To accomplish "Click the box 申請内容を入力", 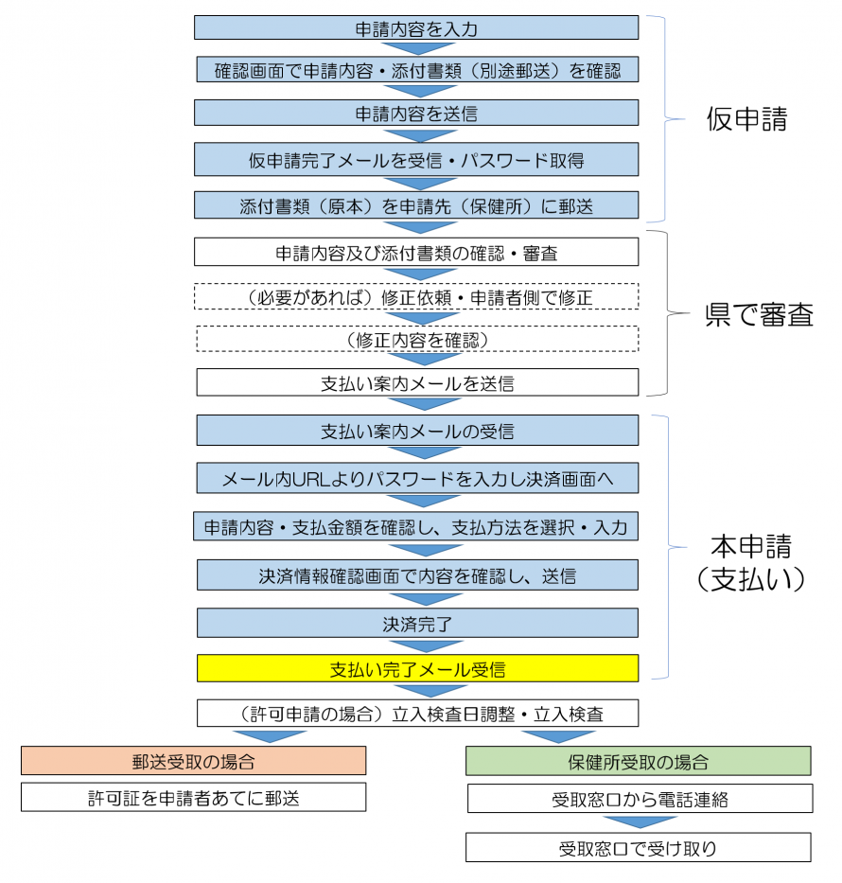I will [x=416, y=27].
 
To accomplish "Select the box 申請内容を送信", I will [x=416, y=113].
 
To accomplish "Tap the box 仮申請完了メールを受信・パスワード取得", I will [x=416, y=160].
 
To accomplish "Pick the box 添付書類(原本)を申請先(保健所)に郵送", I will [x=416, y=204].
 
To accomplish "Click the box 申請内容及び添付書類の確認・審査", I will [x=416, y=253].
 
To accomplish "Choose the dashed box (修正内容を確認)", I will [x=416, y=339].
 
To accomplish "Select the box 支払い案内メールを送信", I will [x=416, y=383].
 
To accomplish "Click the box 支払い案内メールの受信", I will [x=416, y=431].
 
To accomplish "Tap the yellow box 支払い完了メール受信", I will [x=416, y=668].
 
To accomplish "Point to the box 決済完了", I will [x=416, y=623].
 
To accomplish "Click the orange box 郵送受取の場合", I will [x=194, y=761].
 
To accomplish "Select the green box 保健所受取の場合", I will [x=639, y=761].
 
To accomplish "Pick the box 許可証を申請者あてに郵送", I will [x=194, y=798].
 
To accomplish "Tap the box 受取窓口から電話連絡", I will [x=640, y=799].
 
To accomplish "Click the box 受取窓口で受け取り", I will [x=638, y=847].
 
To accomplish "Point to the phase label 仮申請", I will [x=746, y=119].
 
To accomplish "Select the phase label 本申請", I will [x=750, y=546].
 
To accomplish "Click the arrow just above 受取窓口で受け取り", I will [x=640, y=822].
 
